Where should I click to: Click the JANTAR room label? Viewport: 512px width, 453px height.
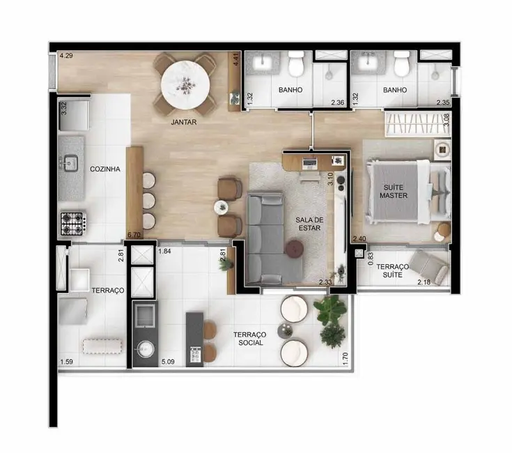pos(184,122)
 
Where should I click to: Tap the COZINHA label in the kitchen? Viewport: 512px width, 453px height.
pos(105,169)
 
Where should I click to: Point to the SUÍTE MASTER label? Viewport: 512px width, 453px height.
pos(394,191)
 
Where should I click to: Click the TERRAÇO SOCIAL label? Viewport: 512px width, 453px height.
pos(249,339)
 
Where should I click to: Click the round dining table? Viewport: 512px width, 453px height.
pos(185,86)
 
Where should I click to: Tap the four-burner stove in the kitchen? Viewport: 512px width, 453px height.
pos(72,223)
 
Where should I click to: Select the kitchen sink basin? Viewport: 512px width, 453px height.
pos(70,164)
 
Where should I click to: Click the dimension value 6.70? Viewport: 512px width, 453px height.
pos(134,236)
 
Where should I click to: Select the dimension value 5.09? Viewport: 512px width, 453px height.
pos(167,362)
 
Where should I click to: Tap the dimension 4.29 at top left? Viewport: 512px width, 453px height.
pos(66,55)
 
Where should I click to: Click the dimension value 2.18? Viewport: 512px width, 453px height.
pos(424,282)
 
